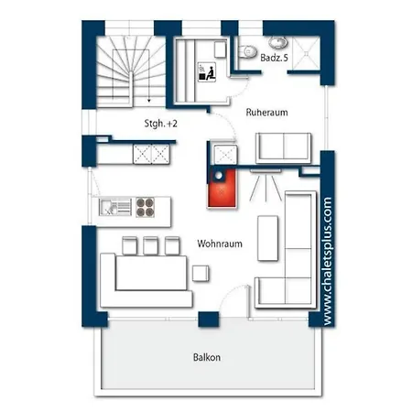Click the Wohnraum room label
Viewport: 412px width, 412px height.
coord(220,244)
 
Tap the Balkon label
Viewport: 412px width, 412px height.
coord(207,357)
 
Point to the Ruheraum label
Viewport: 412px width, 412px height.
coord(266,113)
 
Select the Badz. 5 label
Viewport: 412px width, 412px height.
coord(274,58)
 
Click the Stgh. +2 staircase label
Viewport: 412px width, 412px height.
coord(160,124)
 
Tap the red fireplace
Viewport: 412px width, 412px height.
coord(222,188)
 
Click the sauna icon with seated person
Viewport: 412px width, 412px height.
coord(207,72)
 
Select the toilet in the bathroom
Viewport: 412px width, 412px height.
coord(247,51)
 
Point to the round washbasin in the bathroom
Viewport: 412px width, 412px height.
coord(277,42)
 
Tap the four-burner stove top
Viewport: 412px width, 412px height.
coord(145,207)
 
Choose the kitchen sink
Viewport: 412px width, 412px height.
coord(115,207)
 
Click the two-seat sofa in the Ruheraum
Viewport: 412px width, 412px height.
coord(284,147)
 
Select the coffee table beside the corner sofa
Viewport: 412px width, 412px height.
coord(267,238)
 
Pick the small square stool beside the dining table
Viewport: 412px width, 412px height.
coord(201,273)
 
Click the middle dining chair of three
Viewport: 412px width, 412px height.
coord(151,245)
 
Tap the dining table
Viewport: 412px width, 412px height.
coord(151,273)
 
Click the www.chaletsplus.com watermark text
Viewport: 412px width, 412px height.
coord(327,261)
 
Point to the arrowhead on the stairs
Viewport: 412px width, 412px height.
coord(149,100)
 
